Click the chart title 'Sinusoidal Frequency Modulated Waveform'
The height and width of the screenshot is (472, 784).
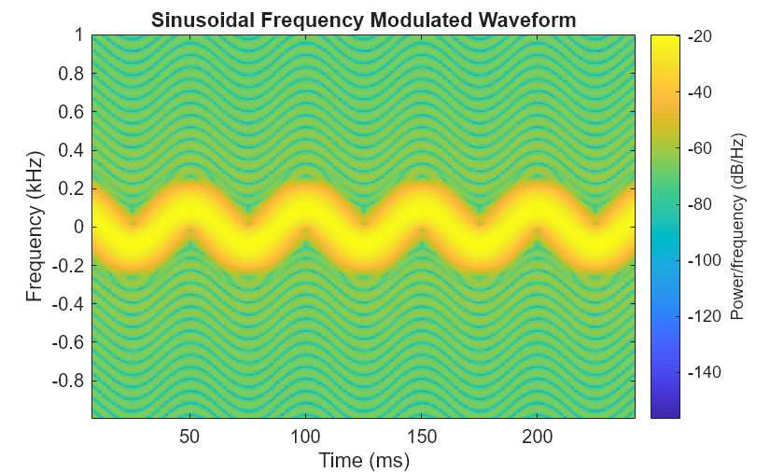(363, 20)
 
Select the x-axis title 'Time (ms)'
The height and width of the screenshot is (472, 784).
(363, 460)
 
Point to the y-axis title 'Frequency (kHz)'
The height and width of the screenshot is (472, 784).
(35, 227)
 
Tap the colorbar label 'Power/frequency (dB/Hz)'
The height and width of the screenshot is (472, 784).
(736, 227)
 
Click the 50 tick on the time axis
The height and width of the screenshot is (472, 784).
(189, 437)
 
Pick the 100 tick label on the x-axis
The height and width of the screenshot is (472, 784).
(305, 437)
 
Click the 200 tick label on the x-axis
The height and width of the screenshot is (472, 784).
(538, 437)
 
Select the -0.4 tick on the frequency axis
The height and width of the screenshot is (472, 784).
(68, 304)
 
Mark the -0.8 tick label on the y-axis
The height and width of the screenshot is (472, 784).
(68, 381)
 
